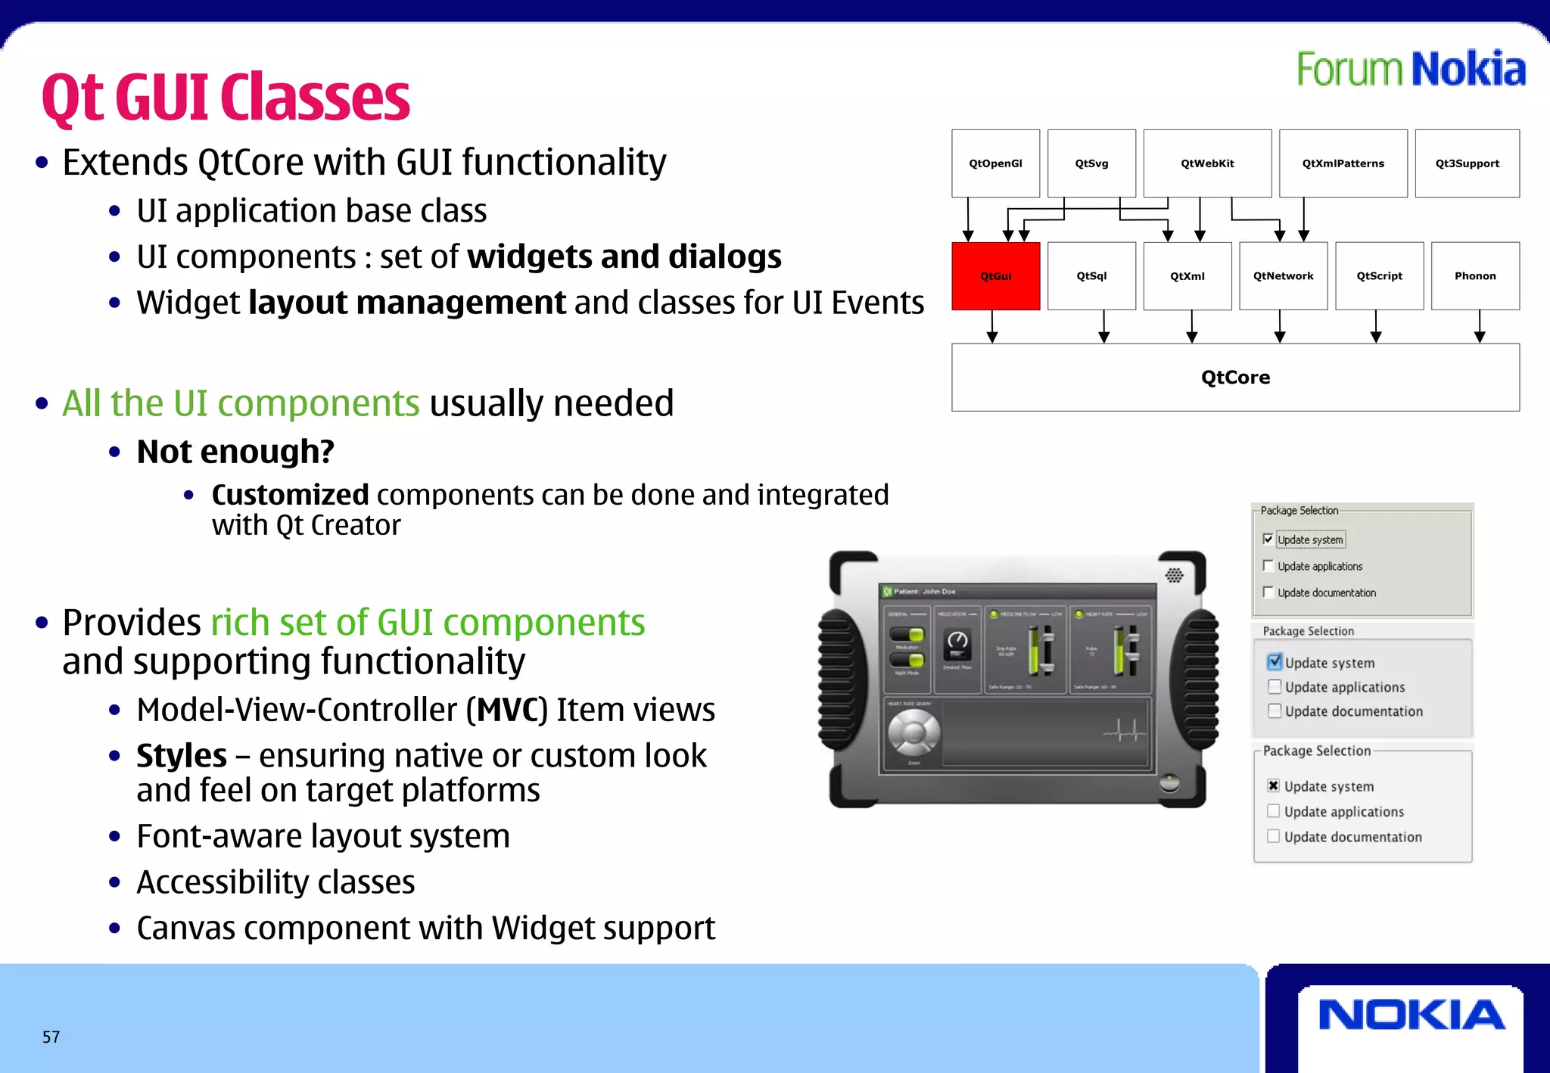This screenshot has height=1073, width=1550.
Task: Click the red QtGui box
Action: (995, 276)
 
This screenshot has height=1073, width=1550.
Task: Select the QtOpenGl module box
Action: (995, 163)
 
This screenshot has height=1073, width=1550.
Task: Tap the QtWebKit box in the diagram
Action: (1207, 163)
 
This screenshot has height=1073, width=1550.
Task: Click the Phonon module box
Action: (1475, 276)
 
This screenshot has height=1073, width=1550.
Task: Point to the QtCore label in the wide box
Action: (1235, 378)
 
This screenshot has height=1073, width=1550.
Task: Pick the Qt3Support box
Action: (1467, 163)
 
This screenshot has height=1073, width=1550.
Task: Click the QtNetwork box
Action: (1283, 276)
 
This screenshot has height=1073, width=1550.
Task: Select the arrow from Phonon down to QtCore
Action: (1480, 327)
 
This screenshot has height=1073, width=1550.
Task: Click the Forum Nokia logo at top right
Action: (1411, 70)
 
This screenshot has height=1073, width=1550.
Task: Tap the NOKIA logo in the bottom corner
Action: (1411, 1015)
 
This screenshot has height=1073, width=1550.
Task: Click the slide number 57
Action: (51, 1037)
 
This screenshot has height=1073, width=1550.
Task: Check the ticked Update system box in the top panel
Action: (1268, 540)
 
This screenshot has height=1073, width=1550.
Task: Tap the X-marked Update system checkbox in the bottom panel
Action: (1274, 785)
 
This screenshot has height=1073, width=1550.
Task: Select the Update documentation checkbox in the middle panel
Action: (1275, 711)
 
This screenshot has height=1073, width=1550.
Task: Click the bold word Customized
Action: (290, 495)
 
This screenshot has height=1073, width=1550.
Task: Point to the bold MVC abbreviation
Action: (506, 710)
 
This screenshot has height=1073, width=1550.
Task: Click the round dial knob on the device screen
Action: (914, 732)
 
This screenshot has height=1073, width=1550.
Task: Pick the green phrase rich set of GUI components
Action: (428, 623)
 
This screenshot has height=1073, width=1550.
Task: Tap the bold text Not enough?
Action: (235, 452)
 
